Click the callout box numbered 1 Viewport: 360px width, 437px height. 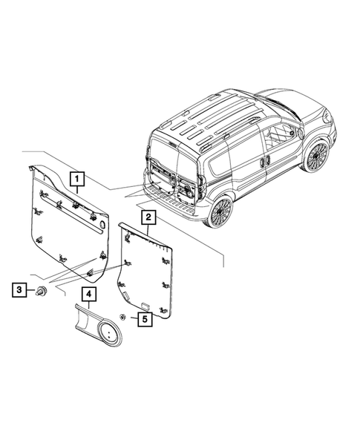coord(77,178)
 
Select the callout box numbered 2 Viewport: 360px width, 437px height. coord(149,217)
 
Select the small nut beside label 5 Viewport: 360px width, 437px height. coord(122,318)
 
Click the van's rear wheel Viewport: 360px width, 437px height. coord(222,212)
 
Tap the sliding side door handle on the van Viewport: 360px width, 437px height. coord(265,159)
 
